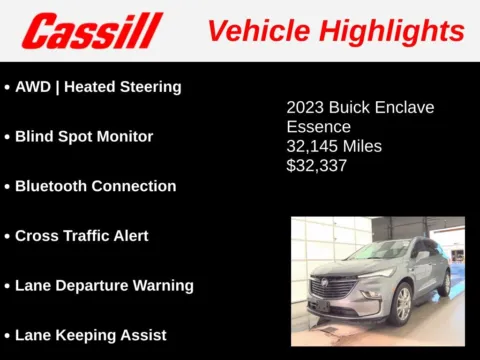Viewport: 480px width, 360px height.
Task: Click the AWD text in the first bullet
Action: [34, 87]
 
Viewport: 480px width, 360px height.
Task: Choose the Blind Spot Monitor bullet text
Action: [84, 137]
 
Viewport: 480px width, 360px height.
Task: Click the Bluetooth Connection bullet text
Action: [95, 186]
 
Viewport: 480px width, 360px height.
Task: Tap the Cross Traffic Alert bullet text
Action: [81, 236]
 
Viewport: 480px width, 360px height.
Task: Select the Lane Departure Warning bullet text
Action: [104, 285]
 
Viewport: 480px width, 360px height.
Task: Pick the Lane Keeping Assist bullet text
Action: [90, 335]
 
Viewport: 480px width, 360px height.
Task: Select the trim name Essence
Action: [319, 127]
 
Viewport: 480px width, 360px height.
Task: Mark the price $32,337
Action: [317, 166]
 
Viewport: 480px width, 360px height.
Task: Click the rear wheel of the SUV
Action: [445, 284]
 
